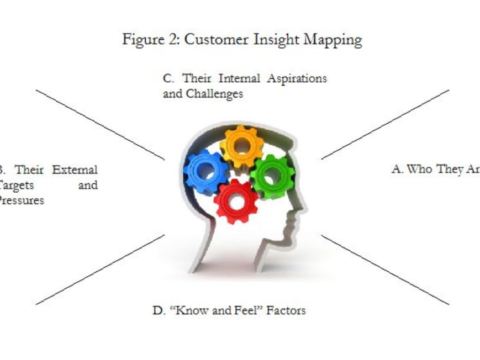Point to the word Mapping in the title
(333, 39)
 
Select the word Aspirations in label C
(297, 78)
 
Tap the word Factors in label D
(286, 310)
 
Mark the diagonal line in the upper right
(385, 125)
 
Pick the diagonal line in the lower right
(385, 270)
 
